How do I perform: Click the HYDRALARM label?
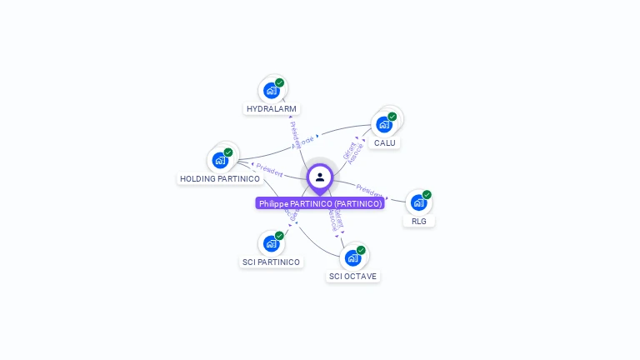tap(272, 108)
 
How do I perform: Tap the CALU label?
tap(384, 142)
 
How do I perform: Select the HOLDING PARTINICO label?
tap(220, 178)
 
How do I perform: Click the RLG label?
tap(418, 221)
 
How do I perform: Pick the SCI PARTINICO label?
tap(271, 262)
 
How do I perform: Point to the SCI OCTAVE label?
tap(352, 276)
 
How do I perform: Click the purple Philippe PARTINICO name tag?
tap(320, 203)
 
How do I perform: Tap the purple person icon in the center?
tap(320, 177)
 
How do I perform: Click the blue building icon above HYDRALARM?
tap(271, 90)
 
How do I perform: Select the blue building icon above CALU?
tap(383, 124)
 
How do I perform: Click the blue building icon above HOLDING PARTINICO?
tap(220, 160)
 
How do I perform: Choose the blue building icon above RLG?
tap(418, 202)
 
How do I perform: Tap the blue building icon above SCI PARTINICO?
tap(271, 243)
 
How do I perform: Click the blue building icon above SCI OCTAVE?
tap(352, 257)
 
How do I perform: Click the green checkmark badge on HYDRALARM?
tap(280, 82)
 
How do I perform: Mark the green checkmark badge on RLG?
tap(427, 195)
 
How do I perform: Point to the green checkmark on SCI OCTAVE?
tap(361, 250)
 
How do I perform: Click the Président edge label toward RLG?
tap(370, 190)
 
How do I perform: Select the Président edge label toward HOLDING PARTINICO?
tap(269, 169)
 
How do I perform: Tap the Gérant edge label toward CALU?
tap(348, 150)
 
